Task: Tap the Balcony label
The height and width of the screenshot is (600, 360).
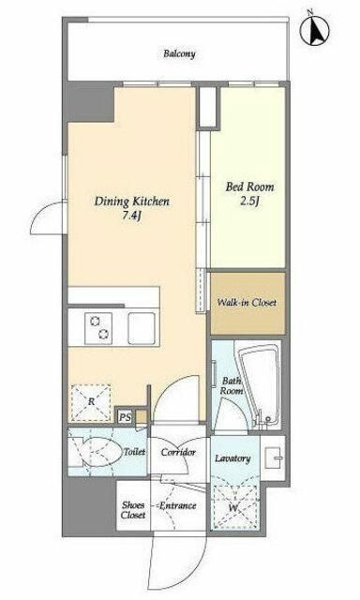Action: (x=179, y=53)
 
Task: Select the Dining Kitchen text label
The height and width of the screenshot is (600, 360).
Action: (x=132, y=202)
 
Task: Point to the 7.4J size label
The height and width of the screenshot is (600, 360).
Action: (x=131, y=217)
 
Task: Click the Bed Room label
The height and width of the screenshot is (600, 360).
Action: (x=249, y=187)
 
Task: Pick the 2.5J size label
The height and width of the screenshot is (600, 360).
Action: (x=249, y=202)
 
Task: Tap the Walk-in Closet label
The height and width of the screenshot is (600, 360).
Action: (x=247, y=302)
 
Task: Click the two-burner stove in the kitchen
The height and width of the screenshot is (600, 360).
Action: (x=98, y=328)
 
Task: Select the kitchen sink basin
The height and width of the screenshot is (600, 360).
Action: (x=142, y=328)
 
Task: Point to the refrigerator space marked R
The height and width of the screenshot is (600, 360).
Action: (x=91, y=402)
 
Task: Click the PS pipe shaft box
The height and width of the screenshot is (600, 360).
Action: (x=125, y=417)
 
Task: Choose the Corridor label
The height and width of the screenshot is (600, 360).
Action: (x=178, y=452)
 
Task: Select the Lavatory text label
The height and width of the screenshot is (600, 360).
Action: (x=232, y=458)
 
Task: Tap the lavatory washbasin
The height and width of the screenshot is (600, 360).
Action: (x=275, y=458)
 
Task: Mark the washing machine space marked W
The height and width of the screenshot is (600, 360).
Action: (x=234, y=507)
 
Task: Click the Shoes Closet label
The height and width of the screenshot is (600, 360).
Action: (x=133, y=510)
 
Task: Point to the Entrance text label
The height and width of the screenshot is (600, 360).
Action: (x=177, y=506)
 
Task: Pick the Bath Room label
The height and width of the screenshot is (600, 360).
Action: (x=232, y=385)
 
